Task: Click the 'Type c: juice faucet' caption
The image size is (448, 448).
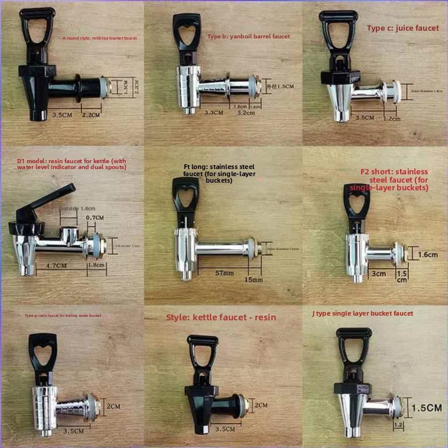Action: point(403,28)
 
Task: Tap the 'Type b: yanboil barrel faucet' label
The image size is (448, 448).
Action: point(248,37)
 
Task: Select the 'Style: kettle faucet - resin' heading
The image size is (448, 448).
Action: point(221,317)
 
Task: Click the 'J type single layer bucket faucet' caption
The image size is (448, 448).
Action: point(362,313)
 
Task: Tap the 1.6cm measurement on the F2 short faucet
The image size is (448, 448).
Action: point(428,255)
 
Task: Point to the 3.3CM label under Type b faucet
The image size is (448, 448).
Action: point(213,112)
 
